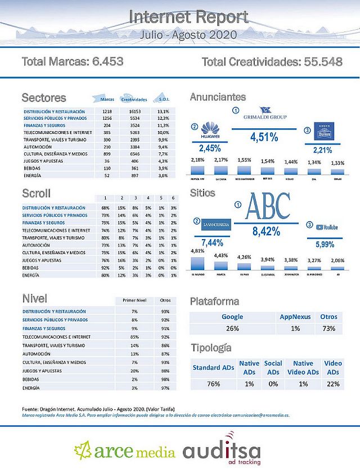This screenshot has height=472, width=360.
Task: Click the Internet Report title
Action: [x=188, y=17]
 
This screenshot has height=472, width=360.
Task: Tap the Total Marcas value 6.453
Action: [x=105, y=61]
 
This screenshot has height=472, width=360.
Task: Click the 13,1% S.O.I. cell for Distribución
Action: [x=164, y=112]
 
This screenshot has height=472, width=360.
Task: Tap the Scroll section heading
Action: [x=36, y=194]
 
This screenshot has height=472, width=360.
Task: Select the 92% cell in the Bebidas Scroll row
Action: [x=105, y=268]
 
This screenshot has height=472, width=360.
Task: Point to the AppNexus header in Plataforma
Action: [x=295, y=317]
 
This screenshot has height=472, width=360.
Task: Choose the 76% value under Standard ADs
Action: [x=213, y=384]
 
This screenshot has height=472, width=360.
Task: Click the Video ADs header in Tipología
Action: [x=333, y=368]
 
